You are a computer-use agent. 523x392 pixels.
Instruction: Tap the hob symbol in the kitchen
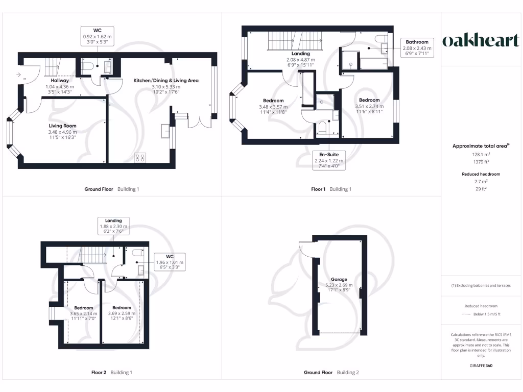click(140, 158)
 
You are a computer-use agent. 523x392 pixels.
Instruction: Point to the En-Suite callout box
click(329, 160)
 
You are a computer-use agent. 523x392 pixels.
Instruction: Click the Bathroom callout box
click(417, 47)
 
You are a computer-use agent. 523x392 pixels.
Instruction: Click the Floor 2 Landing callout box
click(113, 226)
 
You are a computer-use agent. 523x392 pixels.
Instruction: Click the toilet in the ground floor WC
click(87, 65)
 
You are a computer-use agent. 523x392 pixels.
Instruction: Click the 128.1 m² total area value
click(480, 153)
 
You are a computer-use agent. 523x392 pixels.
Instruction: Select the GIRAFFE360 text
click(480, 365)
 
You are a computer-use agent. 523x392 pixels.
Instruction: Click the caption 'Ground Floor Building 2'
click(331, 373)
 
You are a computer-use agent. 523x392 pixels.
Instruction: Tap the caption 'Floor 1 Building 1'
click(331, 189)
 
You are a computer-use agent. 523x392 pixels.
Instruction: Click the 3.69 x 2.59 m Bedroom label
click(122, 311)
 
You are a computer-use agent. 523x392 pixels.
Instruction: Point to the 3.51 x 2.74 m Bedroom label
click(369, 104)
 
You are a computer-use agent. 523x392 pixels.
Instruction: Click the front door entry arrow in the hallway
click(19, 76)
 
